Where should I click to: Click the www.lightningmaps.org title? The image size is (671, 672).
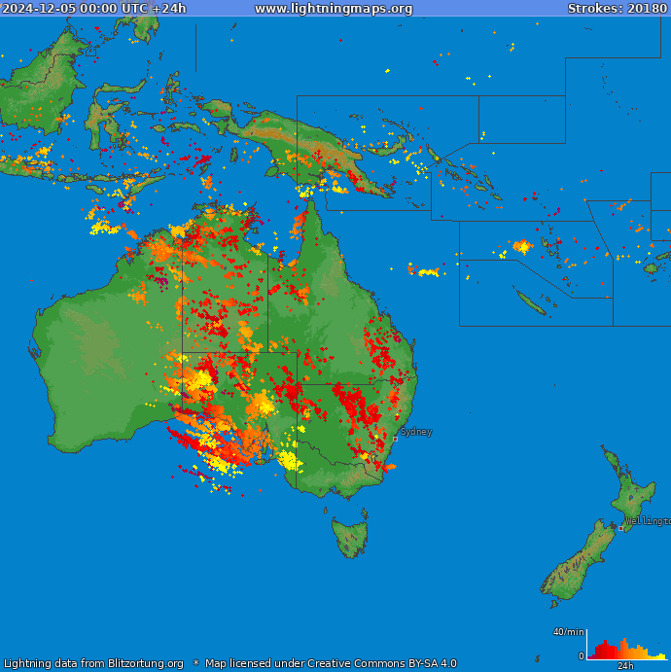334,9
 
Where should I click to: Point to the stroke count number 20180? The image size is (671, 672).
646,9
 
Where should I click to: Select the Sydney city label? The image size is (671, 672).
416,431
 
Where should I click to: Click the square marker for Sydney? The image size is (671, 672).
395,439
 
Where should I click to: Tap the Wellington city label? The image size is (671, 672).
648,521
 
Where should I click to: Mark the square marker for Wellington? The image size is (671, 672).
621,528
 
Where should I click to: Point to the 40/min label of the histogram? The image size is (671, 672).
568,632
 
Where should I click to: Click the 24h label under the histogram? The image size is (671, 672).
625,666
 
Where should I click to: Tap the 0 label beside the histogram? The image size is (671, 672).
581,656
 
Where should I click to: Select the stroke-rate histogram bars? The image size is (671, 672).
622,651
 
